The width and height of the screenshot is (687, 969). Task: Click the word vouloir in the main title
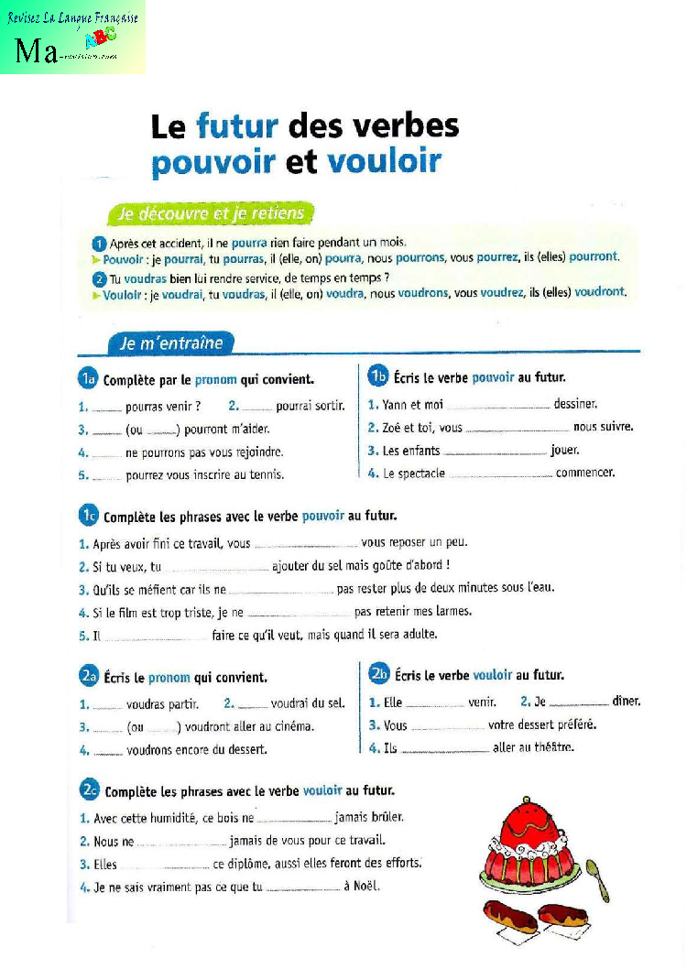pyautogui.click(x=384, y=162)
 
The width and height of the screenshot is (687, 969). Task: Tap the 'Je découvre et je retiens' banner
pyautogui.click(x=210, y=214)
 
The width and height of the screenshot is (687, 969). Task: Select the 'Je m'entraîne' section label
pyautogui.click(x=170, y=343)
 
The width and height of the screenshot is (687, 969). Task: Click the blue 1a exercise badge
pyautogui.click(x=87, y=378)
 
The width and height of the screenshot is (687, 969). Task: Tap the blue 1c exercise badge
pyautogui.click(x=88, y=517)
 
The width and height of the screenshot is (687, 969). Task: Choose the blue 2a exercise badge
pyautogui.click(x=88, y=677)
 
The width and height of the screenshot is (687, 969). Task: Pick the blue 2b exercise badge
pyautogui.click(x=379, y=674)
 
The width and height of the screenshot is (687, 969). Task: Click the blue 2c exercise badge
pyautogui.click(x=89, y=789)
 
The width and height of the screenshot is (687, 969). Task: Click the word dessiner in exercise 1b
pyautogui.click(x=575, y=404)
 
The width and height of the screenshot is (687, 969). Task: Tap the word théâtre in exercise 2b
pyautogui.click(x=552, y=747)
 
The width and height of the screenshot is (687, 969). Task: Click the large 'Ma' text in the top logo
pyautogui.click(x=36, y=51)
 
